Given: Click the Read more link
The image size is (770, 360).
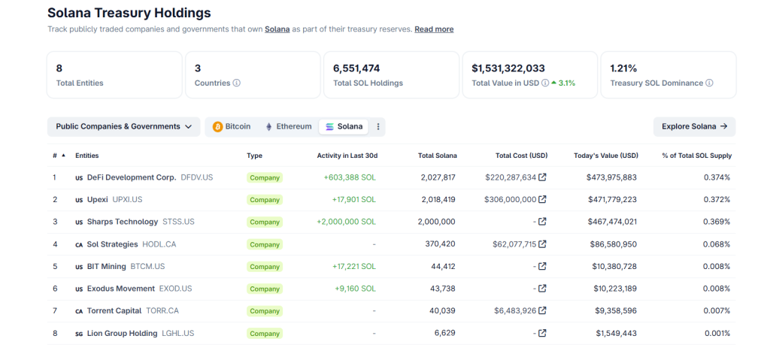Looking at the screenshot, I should point(434,29).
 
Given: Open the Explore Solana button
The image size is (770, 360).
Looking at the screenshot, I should point(694,126).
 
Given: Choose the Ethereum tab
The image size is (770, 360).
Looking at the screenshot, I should point(288,126).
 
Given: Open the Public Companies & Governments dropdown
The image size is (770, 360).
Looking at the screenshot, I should point(123,126).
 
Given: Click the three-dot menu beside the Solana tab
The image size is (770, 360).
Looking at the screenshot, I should point(378,126).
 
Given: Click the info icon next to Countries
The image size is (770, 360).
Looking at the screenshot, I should point(237,83).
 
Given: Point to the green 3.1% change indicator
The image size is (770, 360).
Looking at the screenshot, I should point(563,83).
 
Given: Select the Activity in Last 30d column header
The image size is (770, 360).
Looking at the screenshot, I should point(347,156).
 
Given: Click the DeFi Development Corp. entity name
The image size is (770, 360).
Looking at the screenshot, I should point(131,177).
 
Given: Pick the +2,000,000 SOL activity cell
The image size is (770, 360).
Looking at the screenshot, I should point(347,222).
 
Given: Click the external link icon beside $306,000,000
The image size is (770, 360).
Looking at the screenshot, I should point(543,200).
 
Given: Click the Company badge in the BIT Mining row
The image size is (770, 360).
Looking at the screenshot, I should point(265,267).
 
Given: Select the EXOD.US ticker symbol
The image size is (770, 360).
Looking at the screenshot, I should point(175,289).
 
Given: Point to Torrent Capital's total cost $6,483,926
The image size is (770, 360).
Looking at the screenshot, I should point(515,310).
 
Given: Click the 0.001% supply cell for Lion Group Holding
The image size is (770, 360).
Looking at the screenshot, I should point(717,333).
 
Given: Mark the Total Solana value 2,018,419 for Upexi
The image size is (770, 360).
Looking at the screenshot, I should point(438,200).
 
